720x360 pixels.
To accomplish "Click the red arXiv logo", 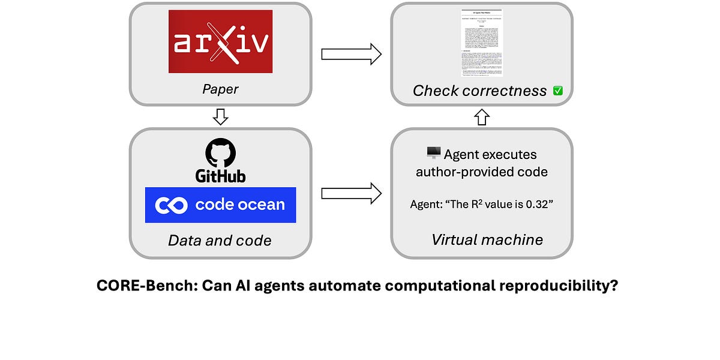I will click(220, 41).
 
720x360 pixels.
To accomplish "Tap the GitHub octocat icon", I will click(220, 154).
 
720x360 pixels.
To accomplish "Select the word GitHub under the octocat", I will click(220, 176).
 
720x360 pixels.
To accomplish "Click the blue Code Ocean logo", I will click(220, 205).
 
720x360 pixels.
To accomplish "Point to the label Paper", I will click(220, 89).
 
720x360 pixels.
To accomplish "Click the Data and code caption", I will click(220, 241).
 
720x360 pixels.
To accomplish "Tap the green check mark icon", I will click(557, 91).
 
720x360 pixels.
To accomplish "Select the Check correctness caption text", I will click(479, 91).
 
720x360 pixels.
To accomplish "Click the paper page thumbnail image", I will click(482, 43).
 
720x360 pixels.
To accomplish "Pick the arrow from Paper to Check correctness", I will click(351, 54).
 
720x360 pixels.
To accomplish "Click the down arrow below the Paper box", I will click(220, 117).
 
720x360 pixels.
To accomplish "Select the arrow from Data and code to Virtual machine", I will click(351, 193).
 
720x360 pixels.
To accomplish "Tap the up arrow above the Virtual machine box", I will click(482, 117).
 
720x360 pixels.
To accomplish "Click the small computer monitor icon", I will click(433, 154).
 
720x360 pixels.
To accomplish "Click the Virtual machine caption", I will click(487, 240).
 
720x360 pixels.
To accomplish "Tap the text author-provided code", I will click(482, 172).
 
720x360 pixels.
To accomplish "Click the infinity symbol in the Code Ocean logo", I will click(172, 205).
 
